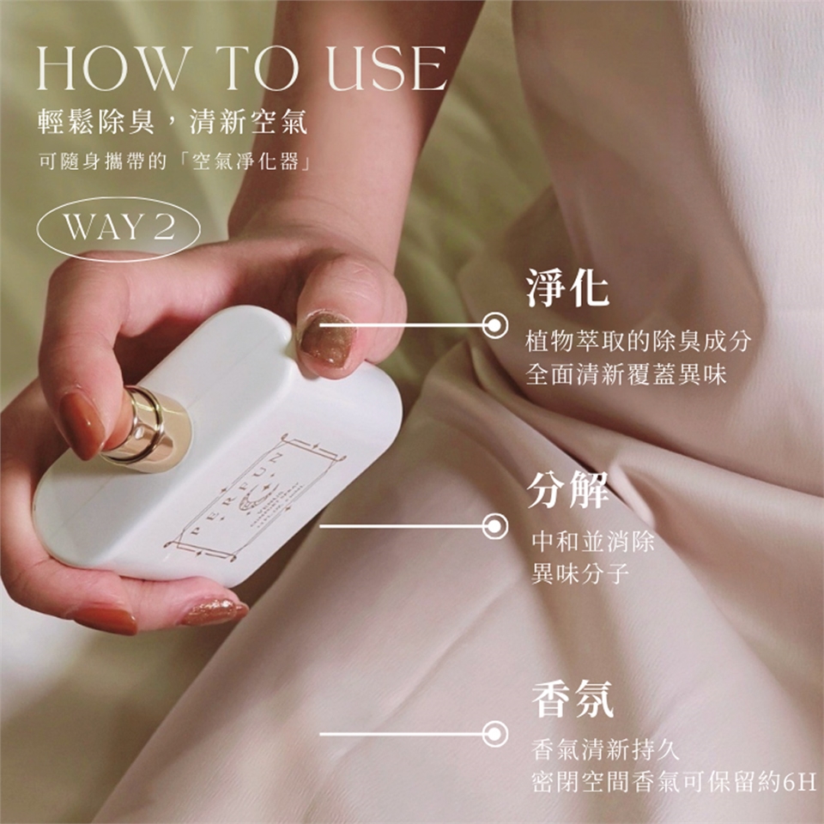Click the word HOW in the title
112,69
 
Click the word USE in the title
387,69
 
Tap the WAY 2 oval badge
118,228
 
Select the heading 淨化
567,288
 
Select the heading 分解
567,490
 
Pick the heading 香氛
573,699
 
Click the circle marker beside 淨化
494,325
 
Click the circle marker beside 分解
494,526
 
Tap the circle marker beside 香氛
494,734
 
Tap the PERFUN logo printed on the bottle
256,495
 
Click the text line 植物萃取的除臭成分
639,342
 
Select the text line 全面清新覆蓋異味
626,375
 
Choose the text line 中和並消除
593,542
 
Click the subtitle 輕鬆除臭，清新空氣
173,122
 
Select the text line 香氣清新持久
605,749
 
